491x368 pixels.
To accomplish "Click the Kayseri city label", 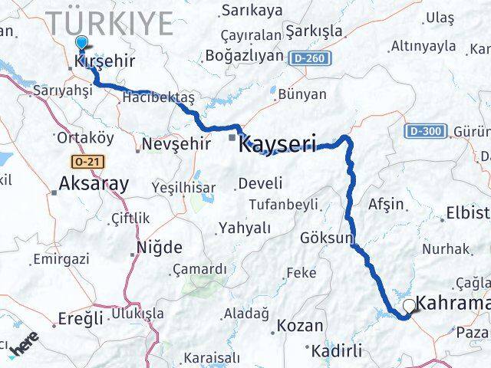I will tap(278, 144).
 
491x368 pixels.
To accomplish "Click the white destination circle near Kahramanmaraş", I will tap(409, 306).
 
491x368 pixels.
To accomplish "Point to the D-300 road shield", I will tap(424, 131).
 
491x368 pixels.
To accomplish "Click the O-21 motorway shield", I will tap(88, 163).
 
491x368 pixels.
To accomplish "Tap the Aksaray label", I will tap(94, 184).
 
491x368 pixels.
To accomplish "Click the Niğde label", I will tap(159, 247).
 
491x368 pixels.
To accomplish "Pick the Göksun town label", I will tap(327, 238).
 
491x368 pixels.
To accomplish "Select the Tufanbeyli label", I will tap(283, 205).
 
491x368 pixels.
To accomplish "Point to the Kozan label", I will tap(299, 325).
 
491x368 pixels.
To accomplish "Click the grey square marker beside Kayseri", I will tap(232, 138).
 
